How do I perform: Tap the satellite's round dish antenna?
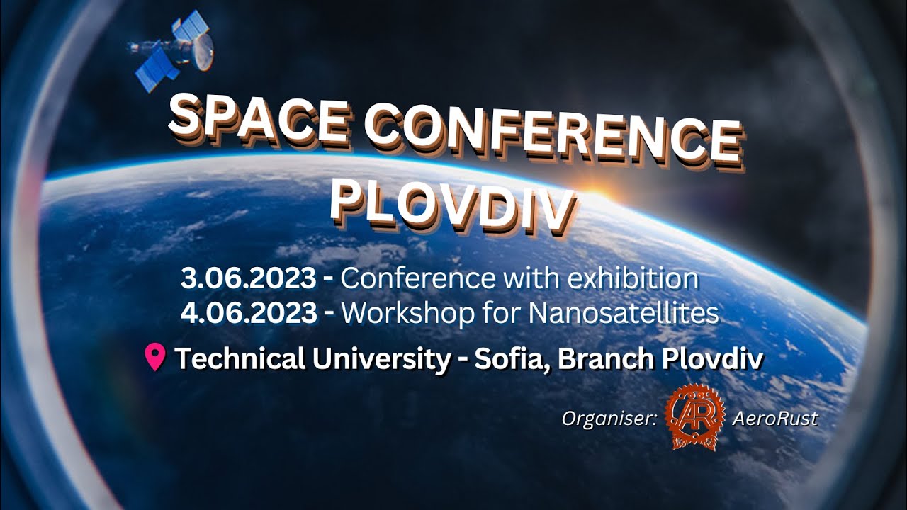203,51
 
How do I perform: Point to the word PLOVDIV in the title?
451,205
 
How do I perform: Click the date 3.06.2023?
248,279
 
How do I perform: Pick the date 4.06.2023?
248,313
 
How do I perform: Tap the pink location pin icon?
154,358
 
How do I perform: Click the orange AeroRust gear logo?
695,418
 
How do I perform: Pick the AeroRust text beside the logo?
774,419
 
